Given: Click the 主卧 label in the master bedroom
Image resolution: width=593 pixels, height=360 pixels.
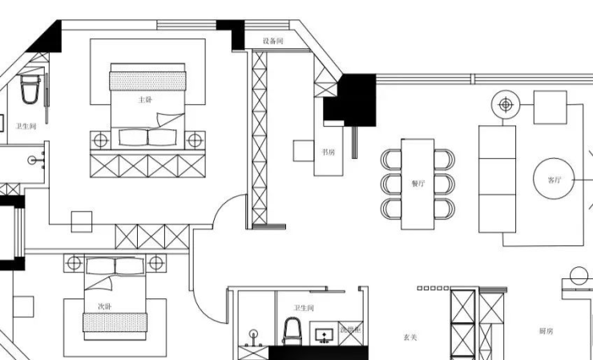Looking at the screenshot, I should pos(144,100).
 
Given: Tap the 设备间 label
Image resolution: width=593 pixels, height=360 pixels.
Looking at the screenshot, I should pos(273,41).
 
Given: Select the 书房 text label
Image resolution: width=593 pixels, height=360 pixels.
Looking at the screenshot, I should pos(328,151).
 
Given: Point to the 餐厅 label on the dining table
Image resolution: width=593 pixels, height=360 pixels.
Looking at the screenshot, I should pos(418,183).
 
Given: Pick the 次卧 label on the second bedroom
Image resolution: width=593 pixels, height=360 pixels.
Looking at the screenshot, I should pos(104,305).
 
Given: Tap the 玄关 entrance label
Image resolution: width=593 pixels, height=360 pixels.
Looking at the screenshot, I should pos(409,338).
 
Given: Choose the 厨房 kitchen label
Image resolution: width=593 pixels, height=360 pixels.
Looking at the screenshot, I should pos(547,331).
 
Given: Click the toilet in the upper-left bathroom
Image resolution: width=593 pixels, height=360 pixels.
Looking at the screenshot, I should pos(30,89).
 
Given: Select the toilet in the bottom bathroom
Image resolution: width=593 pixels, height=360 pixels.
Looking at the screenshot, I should pos(293,330).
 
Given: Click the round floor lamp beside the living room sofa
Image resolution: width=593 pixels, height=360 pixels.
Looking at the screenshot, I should pos(506,104).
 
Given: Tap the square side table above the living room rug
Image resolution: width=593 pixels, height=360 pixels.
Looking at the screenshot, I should pos(550,107).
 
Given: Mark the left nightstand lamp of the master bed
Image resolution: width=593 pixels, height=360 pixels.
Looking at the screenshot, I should pos(100,140).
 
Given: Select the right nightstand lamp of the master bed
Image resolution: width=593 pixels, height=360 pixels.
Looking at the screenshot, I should pos(194,140).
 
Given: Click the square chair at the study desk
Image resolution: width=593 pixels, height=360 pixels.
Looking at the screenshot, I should pos(304,151).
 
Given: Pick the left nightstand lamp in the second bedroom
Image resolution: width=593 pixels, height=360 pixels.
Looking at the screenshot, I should pos(75,263).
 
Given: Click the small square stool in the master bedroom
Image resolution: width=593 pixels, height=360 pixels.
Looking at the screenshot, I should pos(82,221).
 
